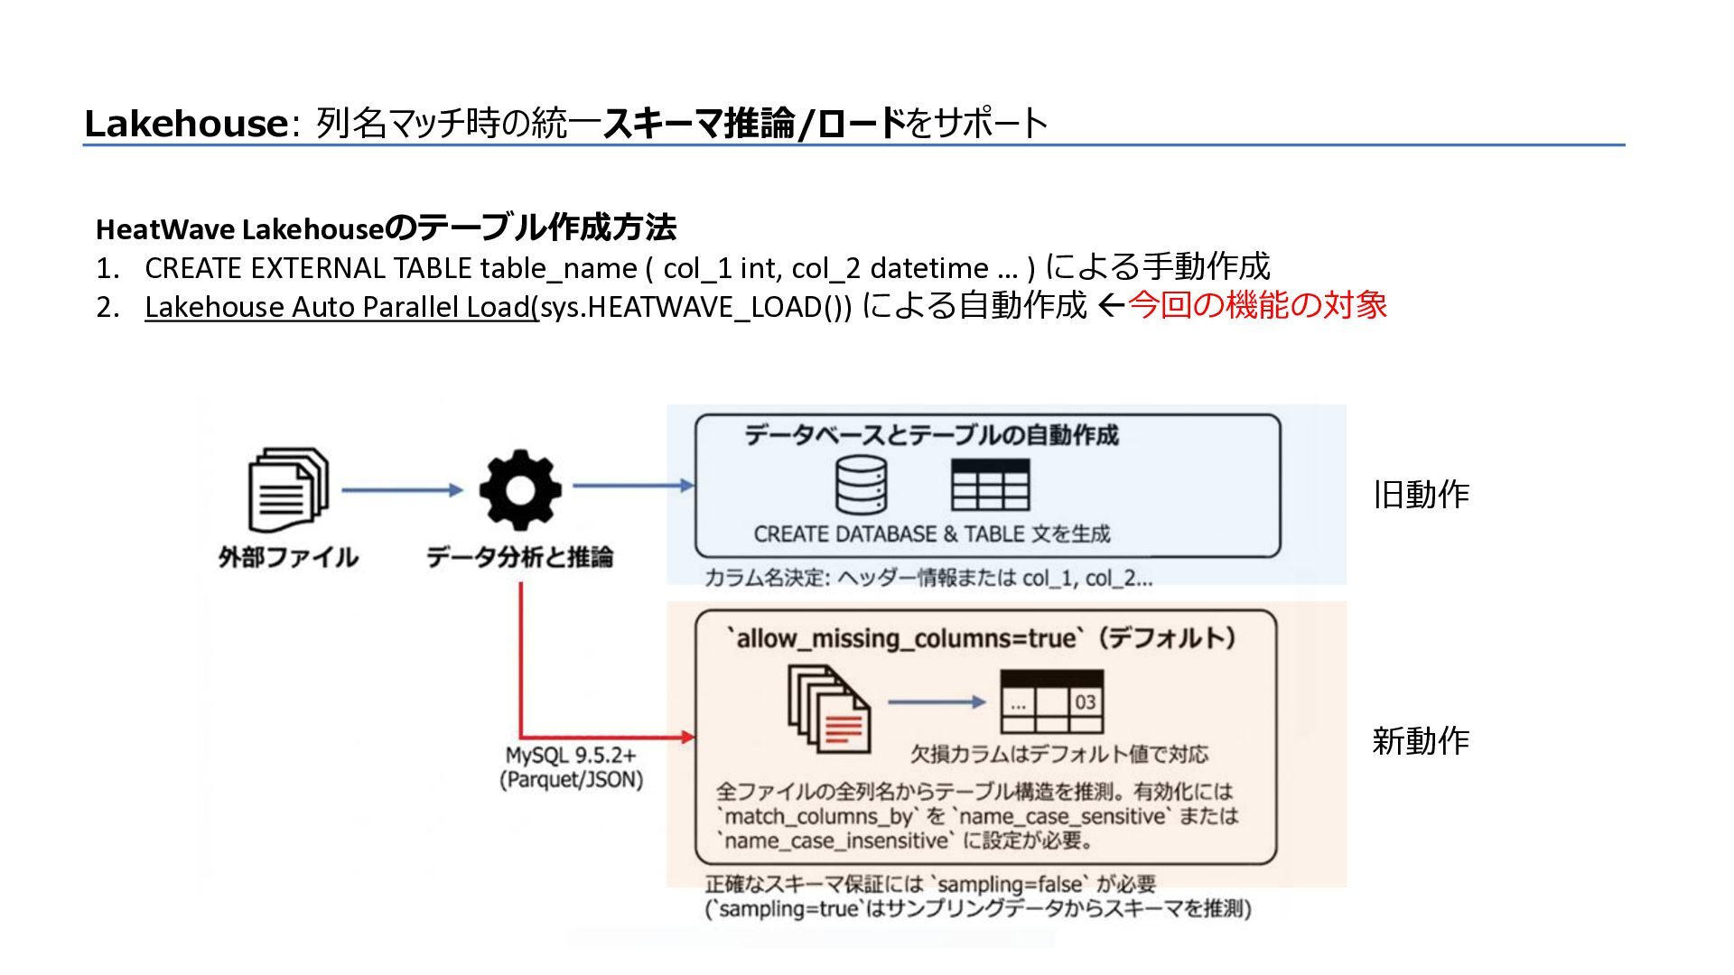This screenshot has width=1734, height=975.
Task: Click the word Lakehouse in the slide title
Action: pyautogui.click(x=185, y=124)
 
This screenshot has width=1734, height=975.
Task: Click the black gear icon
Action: pyautogui.click(x=519, y=490)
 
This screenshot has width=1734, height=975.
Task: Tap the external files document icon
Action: pyautogui.click(x=288, y=490)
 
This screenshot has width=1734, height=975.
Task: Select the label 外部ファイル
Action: pyautogui.click(x=288, y=557)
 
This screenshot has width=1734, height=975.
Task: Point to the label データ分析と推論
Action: pyautogui.click(x=519, y=557)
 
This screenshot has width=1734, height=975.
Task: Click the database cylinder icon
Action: pyautogui.click(x=861, y=485)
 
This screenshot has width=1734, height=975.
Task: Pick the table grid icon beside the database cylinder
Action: pyautogui.click(x=990, y=486)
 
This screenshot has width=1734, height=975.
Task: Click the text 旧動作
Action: pyautogui.click(x=1421, y=495)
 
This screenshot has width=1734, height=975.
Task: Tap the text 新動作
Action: pyautogui.click(x=1421, y=741)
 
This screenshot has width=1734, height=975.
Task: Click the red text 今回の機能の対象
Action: pyautogui.click(x=1257, y=305)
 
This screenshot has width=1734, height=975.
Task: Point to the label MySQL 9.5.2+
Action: pyautogui.click(x=571, y=756)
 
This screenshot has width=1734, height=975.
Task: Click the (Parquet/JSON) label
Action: pyautogui.click(x=571, y=780)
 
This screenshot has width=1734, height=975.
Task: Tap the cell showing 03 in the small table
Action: pyautogui.click(x=1086, y=702)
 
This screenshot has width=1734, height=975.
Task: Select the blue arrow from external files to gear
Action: pyautogui.click(x=402, y=490)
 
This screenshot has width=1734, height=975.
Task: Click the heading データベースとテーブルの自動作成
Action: pyautogui.click(x=931, y=436)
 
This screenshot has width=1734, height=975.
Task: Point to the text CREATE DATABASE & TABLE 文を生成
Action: pyautogui.click(x=932, y=534)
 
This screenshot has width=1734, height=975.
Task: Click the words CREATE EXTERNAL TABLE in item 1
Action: pyautogui.click(x=308, y=268)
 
